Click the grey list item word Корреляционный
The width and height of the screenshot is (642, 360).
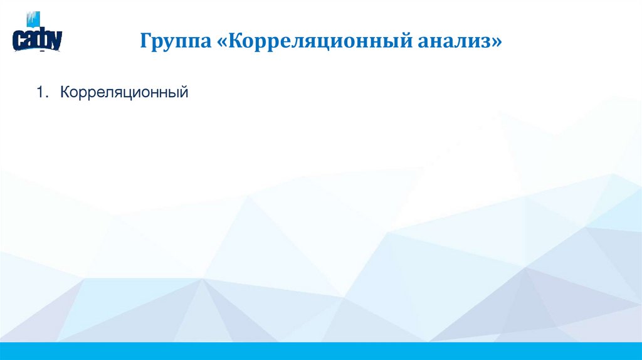coord(124,93)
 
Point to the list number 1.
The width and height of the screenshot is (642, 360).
coord(41,93)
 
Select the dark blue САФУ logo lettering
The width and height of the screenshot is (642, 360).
coord(37,40)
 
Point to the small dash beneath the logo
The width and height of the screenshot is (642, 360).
coord(41,54)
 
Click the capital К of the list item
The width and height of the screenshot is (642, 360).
coord(65,93)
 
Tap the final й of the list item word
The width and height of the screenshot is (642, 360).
coord(184,93)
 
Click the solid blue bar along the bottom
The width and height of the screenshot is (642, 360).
coord(321,351)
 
